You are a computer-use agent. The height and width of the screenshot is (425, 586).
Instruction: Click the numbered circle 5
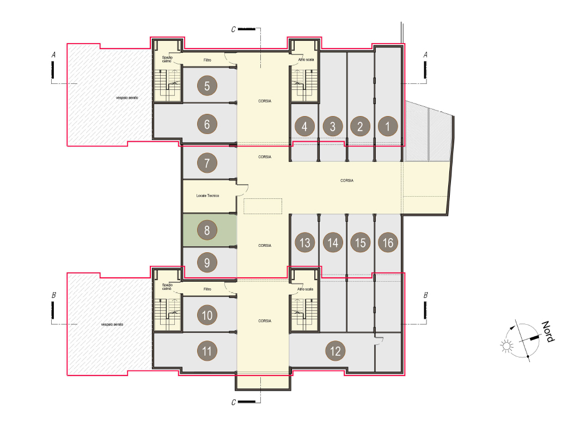[207, 86]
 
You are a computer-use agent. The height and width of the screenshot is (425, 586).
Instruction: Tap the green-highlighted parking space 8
[210, 230]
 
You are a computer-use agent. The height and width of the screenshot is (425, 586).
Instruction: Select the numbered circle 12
[335, 350]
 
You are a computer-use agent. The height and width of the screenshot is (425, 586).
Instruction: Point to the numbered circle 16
[388, 242]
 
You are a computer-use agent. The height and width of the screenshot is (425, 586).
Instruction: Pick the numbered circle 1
[388, 126]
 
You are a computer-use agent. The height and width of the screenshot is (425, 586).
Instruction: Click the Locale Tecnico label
[207, 196]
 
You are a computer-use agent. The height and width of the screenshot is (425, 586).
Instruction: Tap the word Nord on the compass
[548, 331]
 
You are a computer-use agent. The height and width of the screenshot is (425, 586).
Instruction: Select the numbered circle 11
[207, 350]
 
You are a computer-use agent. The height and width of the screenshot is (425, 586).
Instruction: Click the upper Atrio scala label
[306, 59]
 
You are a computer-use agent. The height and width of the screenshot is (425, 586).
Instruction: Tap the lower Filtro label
[207, 289]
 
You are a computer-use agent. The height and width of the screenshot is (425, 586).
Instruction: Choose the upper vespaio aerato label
[127, 98]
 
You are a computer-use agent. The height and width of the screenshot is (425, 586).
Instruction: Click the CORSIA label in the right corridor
[347, 180]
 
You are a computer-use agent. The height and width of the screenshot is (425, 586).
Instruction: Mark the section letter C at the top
[234, 29]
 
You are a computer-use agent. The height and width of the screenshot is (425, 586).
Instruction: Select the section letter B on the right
[425, 295]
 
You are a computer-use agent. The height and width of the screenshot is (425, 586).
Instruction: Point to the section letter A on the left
[53, 55]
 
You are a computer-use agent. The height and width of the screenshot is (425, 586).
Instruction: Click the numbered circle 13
[304, 242]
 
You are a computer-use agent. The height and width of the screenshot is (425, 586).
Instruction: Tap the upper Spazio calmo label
[167, 59]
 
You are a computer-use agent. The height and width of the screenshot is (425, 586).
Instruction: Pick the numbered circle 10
[207, 315]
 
